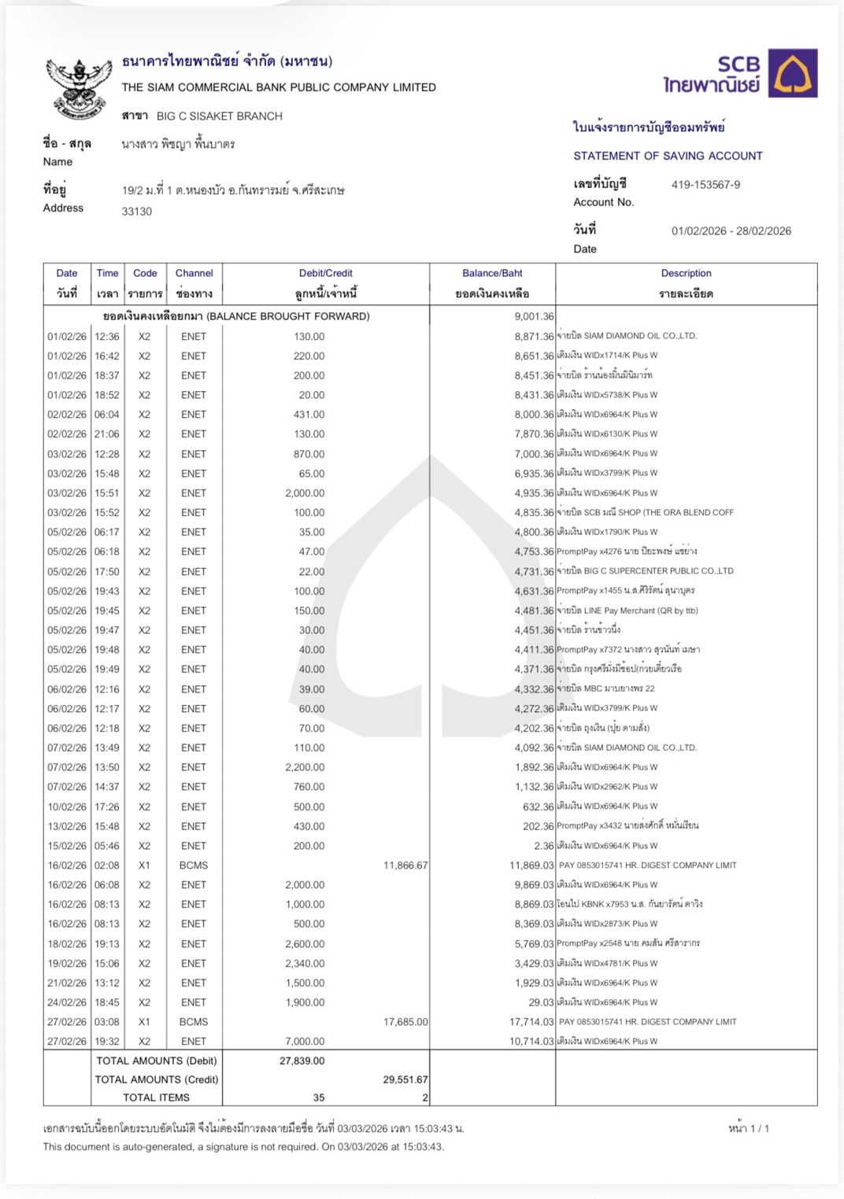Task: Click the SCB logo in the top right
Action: (x=739, y=74)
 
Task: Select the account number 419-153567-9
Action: (x=705, y=185)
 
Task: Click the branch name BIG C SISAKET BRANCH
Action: (x=219, y=116)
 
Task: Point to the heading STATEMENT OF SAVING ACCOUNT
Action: (x=668, y=156)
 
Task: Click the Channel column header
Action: (x=194, y=274)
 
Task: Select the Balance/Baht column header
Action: (x=492, y=274)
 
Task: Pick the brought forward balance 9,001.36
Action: (x=534, y=316)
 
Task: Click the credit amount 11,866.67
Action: (x=405, y=865)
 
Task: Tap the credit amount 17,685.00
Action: (x=405, y=1022)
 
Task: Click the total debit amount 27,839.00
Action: (x=302, y=1061)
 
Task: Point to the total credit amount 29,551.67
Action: (x=405, y=1080)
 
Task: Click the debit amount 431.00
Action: (x=309, y=415)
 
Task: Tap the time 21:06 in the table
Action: (x=107, y=434)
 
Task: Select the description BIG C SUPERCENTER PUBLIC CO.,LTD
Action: (x=658, y=571)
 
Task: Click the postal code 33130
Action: (x=137, y=212)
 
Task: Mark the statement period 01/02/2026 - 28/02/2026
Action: (x=731, y=231)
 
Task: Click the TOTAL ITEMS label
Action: (x=156, y=1098)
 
